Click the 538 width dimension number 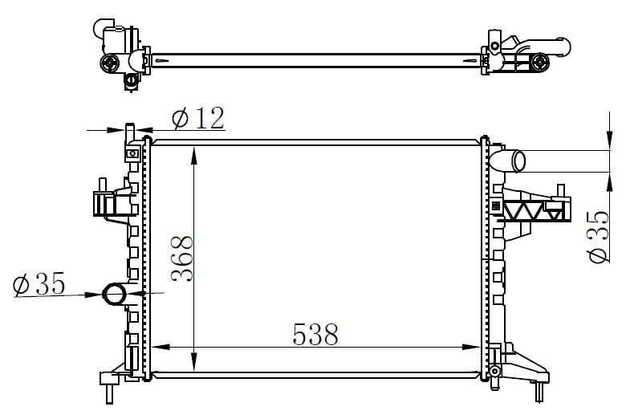coord(315,334)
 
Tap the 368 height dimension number coord(182,258)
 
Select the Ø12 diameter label coord(198,118)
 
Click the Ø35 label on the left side coord(39,284)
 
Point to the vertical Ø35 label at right coord(599,237)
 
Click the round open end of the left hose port coord(115,295)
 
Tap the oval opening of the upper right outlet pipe coord(519,161)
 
